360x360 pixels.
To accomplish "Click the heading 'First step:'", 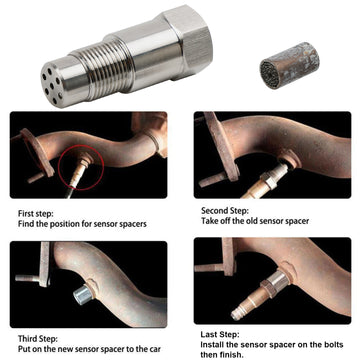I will [38, 212].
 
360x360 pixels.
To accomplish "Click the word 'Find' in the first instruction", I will [27, 224].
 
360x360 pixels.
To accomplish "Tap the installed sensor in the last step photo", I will [290, 298].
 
